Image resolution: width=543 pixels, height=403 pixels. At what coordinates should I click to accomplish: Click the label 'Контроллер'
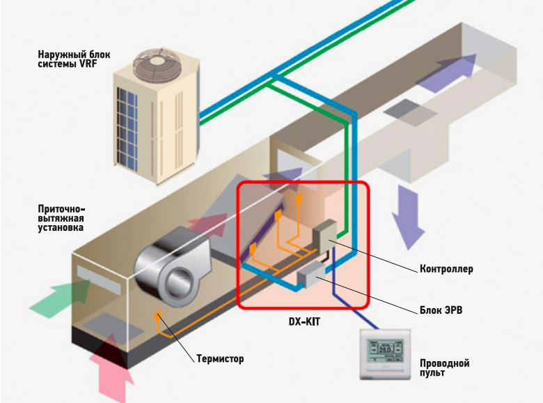(446, 268)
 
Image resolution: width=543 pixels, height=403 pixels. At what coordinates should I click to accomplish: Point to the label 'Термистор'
(220, 359)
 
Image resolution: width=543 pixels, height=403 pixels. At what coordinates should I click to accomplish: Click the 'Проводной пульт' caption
(445, 368)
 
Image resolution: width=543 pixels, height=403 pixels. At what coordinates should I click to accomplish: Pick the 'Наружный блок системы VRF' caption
(74, 60)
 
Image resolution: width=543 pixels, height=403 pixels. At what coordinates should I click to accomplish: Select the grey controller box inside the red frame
(324, 235)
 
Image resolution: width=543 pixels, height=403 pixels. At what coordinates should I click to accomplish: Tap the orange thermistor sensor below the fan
(159, 317)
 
